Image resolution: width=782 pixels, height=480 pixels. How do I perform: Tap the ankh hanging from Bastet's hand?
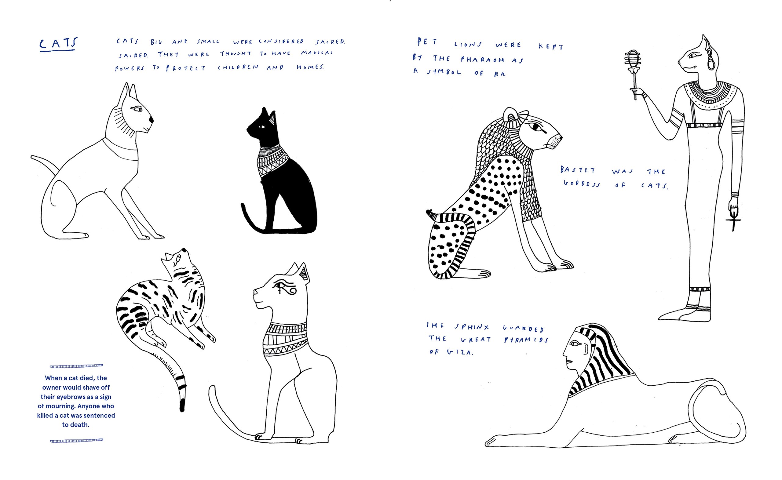point(733,221)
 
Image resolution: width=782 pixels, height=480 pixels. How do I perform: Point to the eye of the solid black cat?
point(261,127)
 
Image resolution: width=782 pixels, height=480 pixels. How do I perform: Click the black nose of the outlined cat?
point(151,119)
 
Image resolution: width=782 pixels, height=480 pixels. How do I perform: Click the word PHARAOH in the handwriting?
point(482,59)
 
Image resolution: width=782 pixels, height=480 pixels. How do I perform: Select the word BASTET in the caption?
point(578,170)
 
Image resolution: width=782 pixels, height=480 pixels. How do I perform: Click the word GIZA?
point(460,352)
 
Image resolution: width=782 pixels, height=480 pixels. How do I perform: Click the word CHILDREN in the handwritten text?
point(238,67)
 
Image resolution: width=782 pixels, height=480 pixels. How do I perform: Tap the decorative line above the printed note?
point(76,366)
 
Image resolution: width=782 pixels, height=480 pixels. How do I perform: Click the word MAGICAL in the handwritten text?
point(317,53)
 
